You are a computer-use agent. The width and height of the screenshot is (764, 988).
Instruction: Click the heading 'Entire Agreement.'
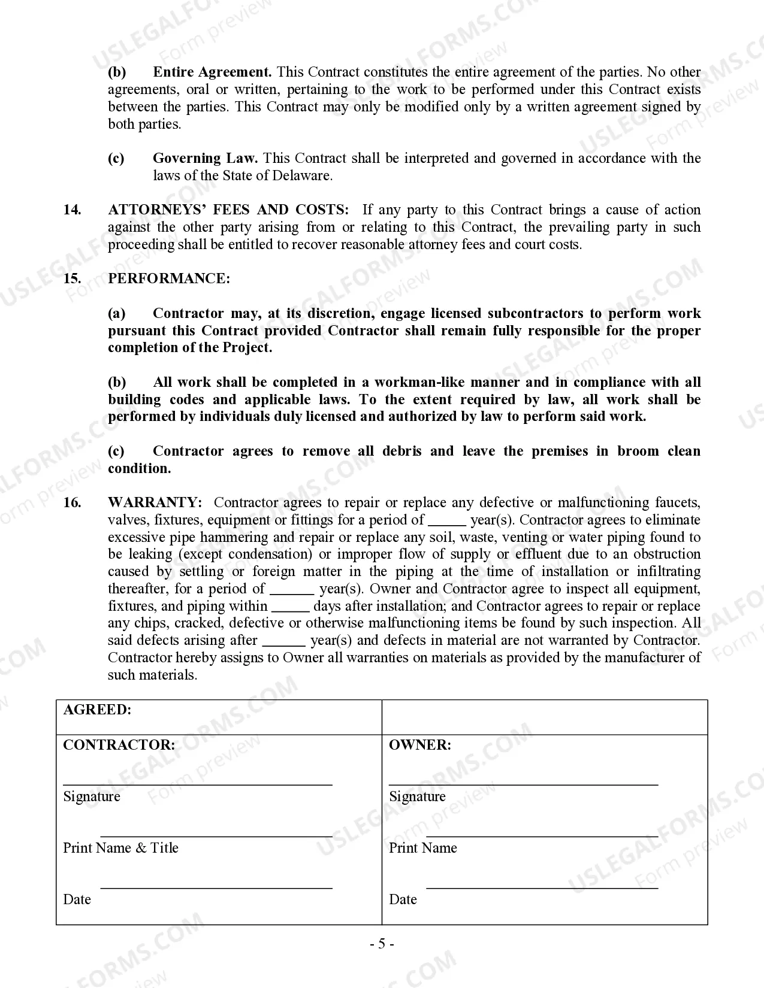pyautogui.click(x=212, y=72)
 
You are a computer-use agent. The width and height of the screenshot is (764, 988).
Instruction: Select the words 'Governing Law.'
pyautogui.click(x=205, y=159)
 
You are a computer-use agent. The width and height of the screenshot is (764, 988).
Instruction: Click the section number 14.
pyautogui.click(x=72, y=210)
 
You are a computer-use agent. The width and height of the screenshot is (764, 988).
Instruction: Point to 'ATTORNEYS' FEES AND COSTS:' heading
pyautogui.click(x=228, y=210)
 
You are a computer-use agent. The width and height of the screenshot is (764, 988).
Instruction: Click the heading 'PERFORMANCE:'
pyautogui.click(x=168, y=279)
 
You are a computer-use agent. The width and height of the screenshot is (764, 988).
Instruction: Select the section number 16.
pyautogui.click(x=72, y=503)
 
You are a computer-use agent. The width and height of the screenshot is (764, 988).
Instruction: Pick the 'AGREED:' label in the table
pyautogui.click(x=97, y=710)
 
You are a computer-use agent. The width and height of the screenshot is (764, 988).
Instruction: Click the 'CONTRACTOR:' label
pyautogui.click(x=119, y=745)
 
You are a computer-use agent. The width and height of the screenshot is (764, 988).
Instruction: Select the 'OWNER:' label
pyautogui.click(x=419, y=745)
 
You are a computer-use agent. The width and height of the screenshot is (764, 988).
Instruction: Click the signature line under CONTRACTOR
pyautogui.click(x=198, y=783)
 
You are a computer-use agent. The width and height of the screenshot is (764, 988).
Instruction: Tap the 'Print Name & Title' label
pyautogui.click(x=120, y=848)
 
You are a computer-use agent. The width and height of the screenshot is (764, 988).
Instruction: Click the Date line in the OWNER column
pyautogui.click(x=542, y=887)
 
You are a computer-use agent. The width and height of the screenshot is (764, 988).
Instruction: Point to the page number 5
pyautogui.click(x=382, y=945)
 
